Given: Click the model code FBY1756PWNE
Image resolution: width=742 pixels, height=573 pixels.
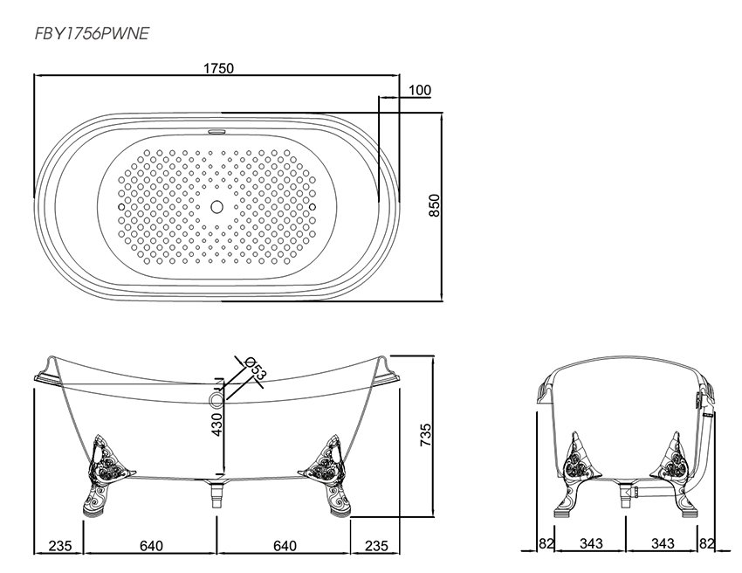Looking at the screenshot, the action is pos(92,33).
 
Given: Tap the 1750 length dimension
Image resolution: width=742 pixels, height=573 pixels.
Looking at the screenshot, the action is pos(218,69).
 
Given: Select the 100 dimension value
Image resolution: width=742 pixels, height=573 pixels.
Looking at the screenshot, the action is pos(420,90).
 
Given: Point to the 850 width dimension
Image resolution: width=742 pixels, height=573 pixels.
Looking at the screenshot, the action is pos(435,205).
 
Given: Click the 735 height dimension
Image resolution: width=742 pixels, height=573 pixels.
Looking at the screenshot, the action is pos(426,435).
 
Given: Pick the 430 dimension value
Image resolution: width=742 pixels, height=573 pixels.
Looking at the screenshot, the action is pos(216,425).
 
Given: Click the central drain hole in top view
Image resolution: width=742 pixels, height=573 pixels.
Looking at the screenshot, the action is pos(216,206).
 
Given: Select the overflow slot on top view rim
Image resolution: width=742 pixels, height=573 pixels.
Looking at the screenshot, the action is pos(216,130).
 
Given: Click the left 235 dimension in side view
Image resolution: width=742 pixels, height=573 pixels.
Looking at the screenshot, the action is pos(60,546).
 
